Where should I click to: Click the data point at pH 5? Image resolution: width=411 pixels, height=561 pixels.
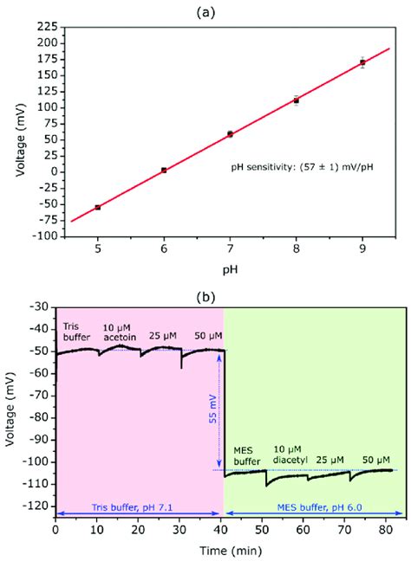point(97,207)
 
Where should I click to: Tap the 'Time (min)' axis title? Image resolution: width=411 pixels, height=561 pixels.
point(229,551)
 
